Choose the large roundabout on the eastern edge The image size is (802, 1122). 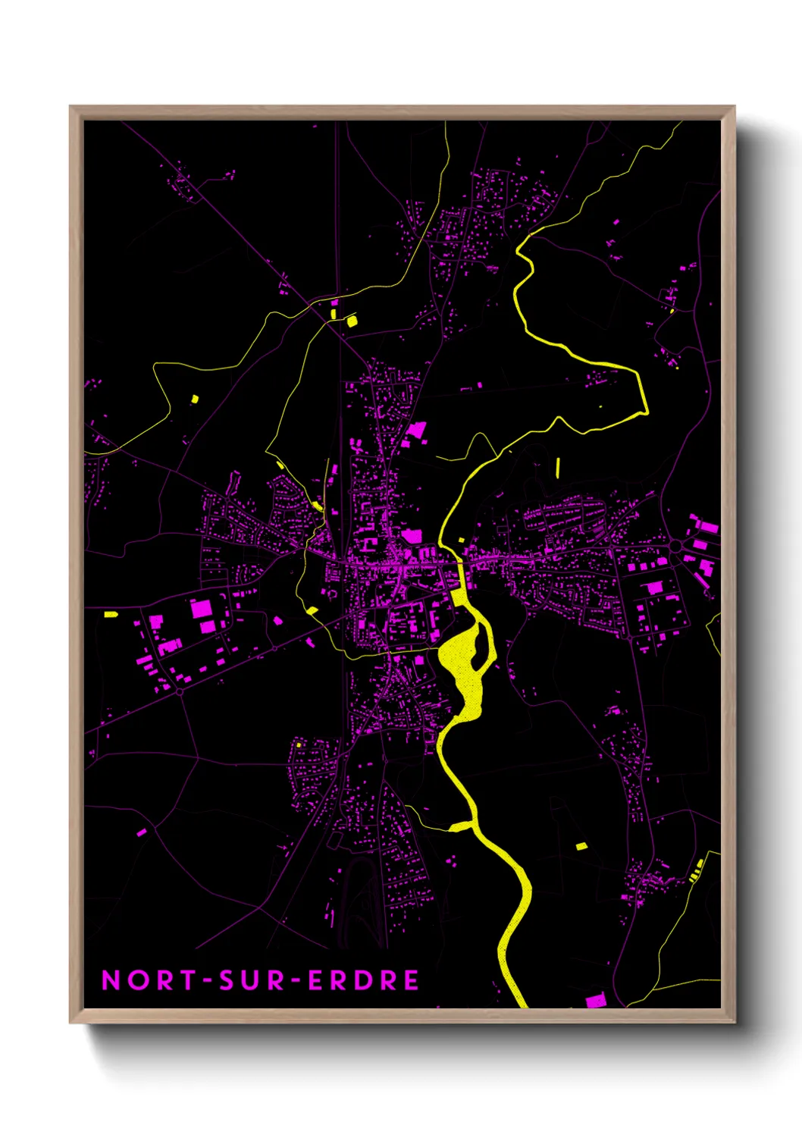pos(674,546)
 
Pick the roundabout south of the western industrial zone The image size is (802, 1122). pos(180,691)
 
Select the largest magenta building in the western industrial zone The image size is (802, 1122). pos(202,608)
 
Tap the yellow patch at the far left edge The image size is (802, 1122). pos(111,614)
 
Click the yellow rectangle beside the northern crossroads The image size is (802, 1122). pos(351,321)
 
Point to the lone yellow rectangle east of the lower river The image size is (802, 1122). pos(581,845)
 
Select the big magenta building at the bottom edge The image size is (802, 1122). pos(596,1001)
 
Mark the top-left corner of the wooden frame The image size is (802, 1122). pos(70,107)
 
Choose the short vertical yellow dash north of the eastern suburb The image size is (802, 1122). pos(558,467)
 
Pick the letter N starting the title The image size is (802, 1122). pos(111,980)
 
